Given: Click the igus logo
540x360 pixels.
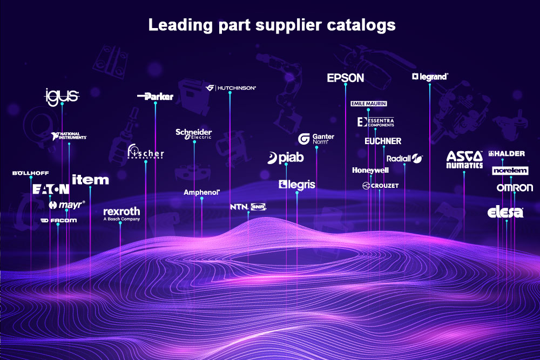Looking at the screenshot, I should pyautogui.click(x=62, y=96).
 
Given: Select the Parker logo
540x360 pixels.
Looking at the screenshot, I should pyautogui.click(x=156, y=97).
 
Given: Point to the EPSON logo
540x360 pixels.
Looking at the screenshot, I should pyautogui.click(x=346, y=78).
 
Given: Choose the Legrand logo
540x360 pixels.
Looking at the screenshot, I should pyautogui.click(x=430, y=77).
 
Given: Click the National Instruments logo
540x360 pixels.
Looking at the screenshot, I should pyautogui.click(x=69, y=136).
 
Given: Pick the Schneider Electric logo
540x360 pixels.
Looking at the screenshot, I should pyautogui.click(x=194, y=134).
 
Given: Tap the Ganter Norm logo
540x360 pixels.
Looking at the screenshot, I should pyautogui.click(x=316, y=139).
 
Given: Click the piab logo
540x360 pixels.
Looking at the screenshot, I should pyautogui.click(x=286, y=158).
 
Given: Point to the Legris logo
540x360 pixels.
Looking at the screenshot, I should pyautogui.click(x=297, y=185).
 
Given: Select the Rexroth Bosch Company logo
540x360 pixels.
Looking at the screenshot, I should pyautogui.click(x=121, y=214).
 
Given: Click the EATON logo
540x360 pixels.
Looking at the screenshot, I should pyautogui.click(x=51, y=189).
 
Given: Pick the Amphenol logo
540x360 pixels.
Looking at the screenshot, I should pyautogui.click(x=201, y=192).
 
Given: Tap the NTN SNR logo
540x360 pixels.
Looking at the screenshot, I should pyautogui.click(x=248, y=207).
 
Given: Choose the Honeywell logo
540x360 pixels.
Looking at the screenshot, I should pyautogui.click(x=370, y=170).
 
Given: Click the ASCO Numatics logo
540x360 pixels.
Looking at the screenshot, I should pyautogui.click(x=464, y=160).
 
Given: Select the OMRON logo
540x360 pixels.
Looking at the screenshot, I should pyautogui.click(x=515, y=188).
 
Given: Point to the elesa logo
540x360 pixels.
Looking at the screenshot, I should pyautogui.click(x=505, y=212).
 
